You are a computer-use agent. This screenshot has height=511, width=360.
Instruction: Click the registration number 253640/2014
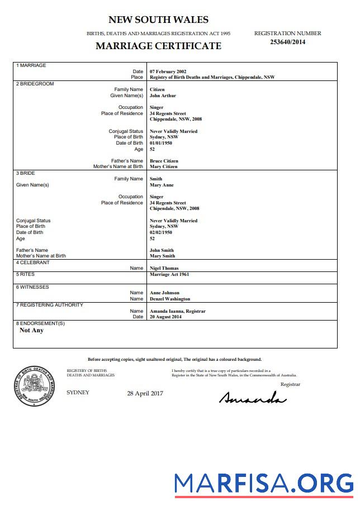coord(287,42)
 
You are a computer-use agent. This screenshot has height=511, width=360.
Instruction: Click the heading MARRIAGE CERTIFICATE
coord(158,46)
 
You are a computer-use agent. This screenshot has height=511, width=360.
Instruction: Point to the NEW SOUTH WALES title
coord(158,20)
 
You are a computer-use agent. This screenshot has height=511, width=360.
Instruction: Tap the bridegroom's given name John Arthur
coord(163,95)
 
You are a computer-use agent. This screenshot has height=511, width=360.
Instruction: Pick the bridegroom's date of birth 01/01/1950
coord(160,143)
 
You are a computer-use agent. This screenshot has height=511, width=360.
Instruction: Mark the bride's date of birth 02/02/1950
coord(160,232)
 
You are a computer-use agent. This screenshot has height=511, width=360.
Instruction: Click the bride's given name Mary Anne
coord(162,185)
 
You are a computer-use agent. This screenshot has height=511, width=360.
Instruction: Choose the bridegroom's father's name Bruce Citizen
coord(164,161)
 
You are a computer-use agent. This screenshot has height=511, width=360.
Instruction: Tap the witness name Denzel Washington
coord(170,299)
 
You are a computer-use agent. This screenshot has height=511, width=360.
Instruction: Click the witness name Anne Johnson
coord(164,293)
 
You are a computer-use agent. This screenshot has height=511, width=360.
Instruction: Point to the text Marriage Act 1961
coord(169,275)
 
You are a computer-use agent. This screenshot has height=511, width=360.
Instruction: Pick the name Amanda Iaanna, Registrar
coord(178,311)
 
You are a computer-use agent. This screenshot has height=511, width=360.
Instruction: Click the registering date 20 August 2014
coord(165,317)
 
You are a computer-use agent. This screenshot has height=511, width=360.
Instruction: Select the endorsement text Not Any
coord(31,330)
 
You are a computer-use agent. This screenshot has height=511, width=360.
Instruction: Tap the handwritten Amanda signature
coord(253,398)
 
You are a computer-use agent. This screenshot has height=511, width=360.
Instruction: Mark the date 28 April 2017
coord(145,393)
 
